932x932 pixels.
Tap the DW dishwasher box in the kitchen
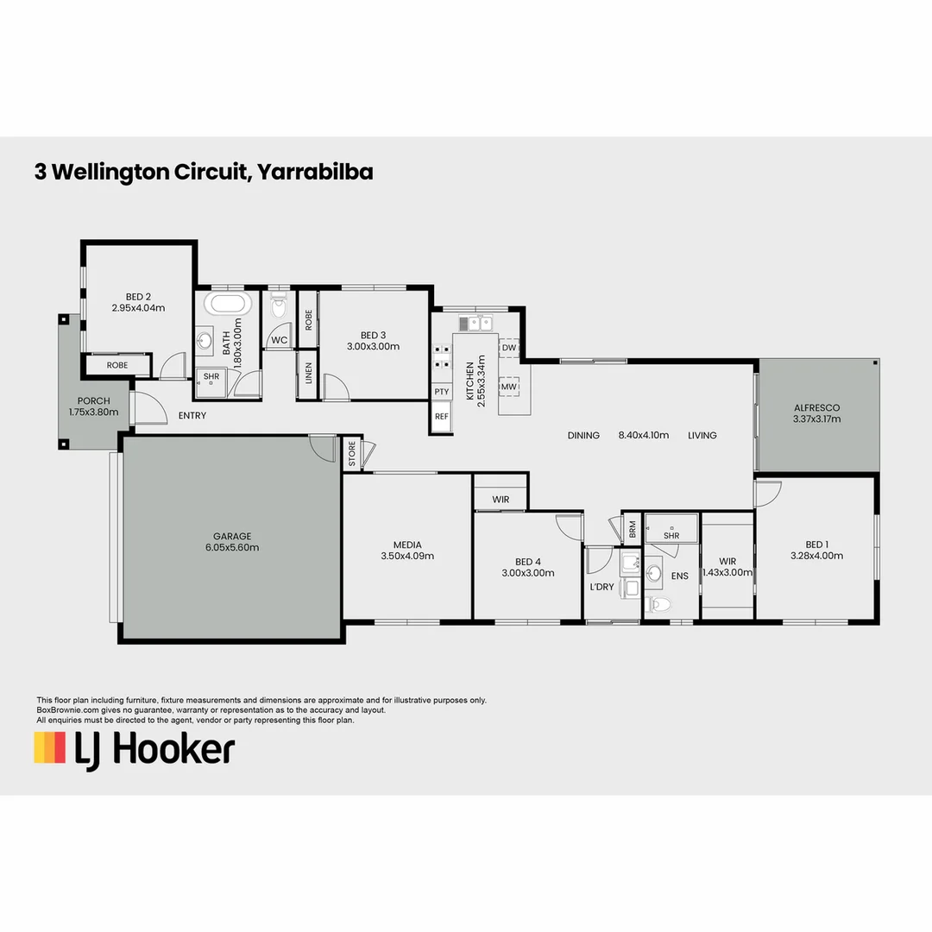pos(509,348)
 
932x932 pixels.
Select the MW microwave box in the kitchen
pos(509,387)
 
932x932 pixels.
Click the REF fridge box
pos(442,416)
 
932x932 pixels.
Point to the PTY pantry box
pos(442,392)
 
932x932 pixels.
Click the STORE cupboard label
pos(352,454)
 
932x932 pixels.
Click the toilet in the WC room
pos(278,308)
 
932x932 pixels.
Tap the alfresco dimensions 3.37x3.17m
pos(816,419)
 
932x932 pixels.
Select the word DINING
pos(583,436)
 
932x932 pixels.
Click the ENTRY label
pos(192,416)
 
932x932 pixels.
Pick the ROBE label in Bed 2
pos(117,366)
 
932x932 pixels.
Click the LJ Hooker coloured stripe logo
pos(50,747)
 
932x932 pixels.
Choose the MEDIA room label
pos(407,545)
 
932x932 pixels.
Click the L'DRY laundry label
pos(601,587)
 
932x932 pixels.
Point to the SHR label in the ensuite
pos(671,536)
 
